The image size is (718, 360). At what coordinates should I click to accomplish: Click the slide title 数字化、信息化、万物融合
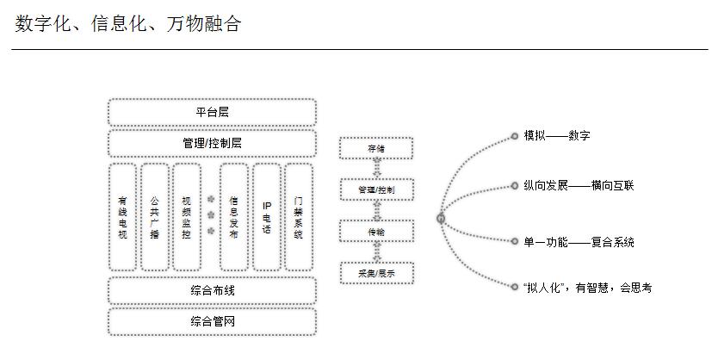[127, 23]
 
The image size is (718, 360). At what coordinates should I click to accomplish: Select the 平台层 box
[212, 112]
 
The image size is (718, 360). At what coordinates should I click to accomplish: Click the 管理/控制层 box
[212, 142]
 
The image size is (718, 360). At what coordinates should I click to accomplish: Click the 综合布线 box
[212, 290]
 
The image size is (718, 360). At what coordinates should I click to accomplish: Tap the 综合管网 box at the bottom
[212, 321]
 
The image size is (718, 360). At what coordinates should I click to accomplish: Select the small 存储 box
[376, 148]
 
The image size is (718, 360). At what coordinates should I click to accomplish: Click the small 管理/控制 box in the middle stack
[376, 189]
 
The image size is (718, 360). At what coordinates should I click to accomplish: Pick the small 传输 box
[376, 231]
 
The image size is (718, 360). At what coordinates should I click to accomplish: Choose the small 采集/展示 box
[376, 273]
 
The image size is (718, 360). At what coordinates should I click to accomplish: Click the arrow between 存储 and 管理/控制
[376, 168]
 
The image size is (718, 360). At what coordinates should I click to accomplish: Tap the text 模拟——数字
[556, 136]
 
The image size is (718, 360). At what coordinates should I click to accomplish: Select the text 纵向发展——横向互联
[578, 185]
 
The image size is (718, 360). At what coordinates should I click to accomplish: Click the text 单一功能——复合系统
[578, 243]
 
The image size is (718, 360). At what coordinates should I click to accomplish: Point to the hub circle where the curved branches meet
[441, 219]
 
